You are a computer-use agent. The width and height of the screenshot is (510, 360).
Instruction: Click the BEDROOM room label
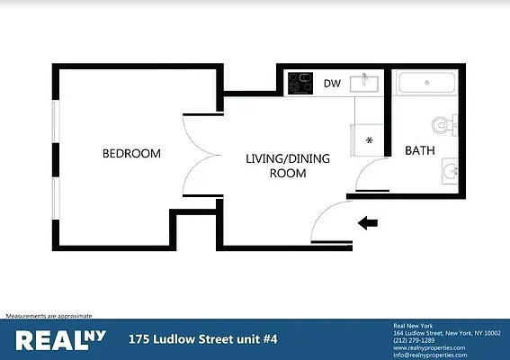coord(131,154)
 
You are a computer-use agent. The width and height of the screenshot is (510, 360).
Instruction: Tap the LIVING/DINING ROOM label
coord(288,166)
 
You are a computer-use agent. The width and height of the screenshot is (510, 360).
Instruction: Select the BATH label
coord(420,151)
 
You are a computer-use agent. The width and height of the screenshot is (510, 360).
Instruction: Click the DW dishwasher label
coord(332,84)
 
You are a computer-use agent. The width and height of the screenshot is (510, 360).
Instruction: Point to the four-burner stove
coord(300,84)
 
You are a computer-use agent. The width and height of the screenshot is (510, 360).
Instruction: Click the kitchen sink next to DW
coord(366,83)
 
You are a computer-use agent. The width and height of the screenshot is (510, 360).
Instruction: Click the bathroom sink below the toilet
coord(451,168)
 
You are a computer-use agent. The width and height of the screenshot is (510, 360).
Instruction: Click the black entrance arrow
coord(368,222)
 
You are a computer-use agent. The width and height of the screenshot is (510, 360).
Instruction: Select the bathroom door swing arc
coord(371,172)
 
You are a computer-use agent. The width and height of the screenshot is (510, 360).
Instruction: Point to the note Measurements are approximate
coord(49,316)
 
